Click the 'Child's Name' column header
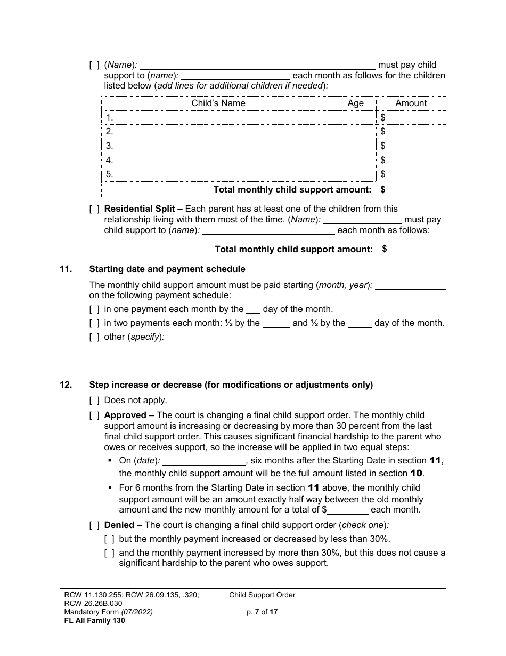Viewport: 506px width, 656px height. click(218, 103)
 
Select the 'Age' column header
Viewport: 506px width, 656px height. click(355, 103)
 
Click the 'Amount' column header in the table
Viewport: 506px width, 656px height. click(411, 103)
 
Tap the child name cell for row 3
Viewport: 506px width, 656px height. click(218, 146)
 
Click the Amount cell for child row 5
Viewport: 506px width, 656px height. click(411, 174)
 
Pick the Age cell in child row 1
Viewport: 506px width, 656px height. click(355, 117)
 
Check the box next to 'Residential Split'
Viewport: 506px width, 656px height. click(94, 209)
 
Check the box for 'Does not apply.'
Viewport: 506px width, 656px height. click(94, 401)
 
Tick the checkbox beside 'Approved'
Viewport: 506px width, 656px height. click(94, 415)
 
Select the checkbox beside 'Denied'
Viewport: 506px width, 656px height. click(94, 525)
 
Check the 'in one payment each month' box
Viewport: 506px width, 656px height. click(94, 309)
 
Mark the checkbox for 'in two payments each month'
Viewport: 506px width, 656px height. click(94, 323)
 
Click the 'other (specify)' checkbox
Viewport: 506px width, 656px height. click(94, 337)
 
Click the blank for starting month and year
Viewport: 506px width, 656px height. click(411, 285)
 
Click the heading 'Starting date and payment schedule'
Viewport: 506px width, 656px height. click(167, 269)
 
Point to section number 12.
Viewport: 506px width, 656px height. click(66, 385)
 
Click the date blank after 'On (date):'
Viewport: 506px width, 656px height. click(204, 461)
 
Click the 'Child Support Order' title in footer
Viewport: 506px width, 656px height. click(262, 595)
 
